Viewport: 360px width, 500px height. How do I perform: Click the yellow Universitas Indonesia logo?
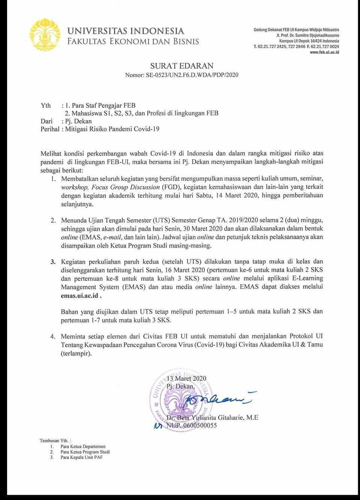click(45, 35)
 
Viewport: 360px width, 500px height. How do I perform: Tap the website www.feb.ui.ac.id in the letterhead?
click(324, 52)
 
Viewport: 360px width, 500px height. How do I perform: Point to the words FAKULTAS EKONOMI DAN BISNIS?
click(133, 41)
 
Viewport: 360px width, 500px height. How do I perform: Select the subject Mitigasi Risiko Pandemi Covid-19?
click(112, 129)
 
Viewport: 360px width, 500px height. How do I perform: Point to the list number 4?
click(53, 336)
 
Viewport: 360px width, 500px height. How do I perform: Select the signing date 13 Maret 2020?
click(186, 379)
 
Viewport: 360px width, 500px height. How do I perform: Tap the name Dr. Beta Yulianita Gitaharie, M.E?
click(212, 418)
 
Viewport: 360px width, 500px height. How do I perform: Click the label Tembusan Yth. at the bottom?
click(55, 441)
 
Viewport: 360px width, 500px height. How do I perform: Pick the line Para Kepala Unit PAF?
click(81, 457)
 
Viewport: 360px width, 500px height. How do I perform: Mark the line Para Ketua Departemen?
click(83, 446)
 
